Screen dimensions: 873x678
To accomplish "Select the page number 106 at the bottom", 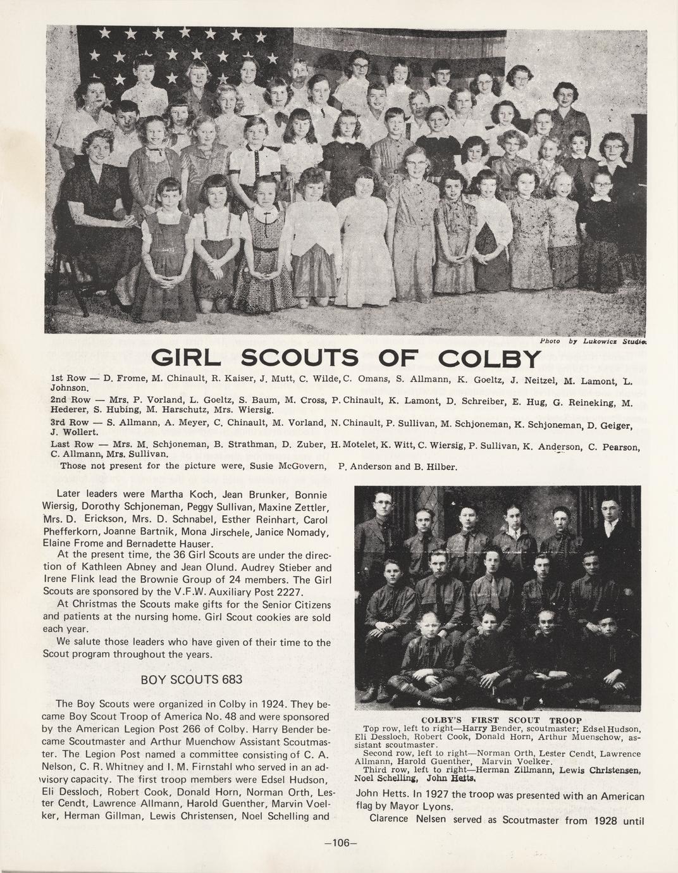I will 340,843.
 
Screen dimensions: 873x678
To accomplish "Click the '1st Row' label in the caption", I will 68,379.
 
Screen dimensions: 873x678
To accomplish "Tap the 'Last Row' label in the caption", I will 71,444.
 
